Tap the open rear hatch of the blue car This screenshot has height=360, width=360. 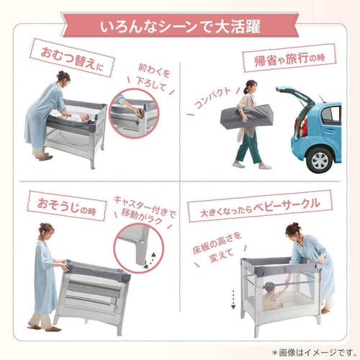[295, 94]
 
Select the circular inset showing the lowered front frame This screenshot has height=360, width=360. [135, 112]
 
